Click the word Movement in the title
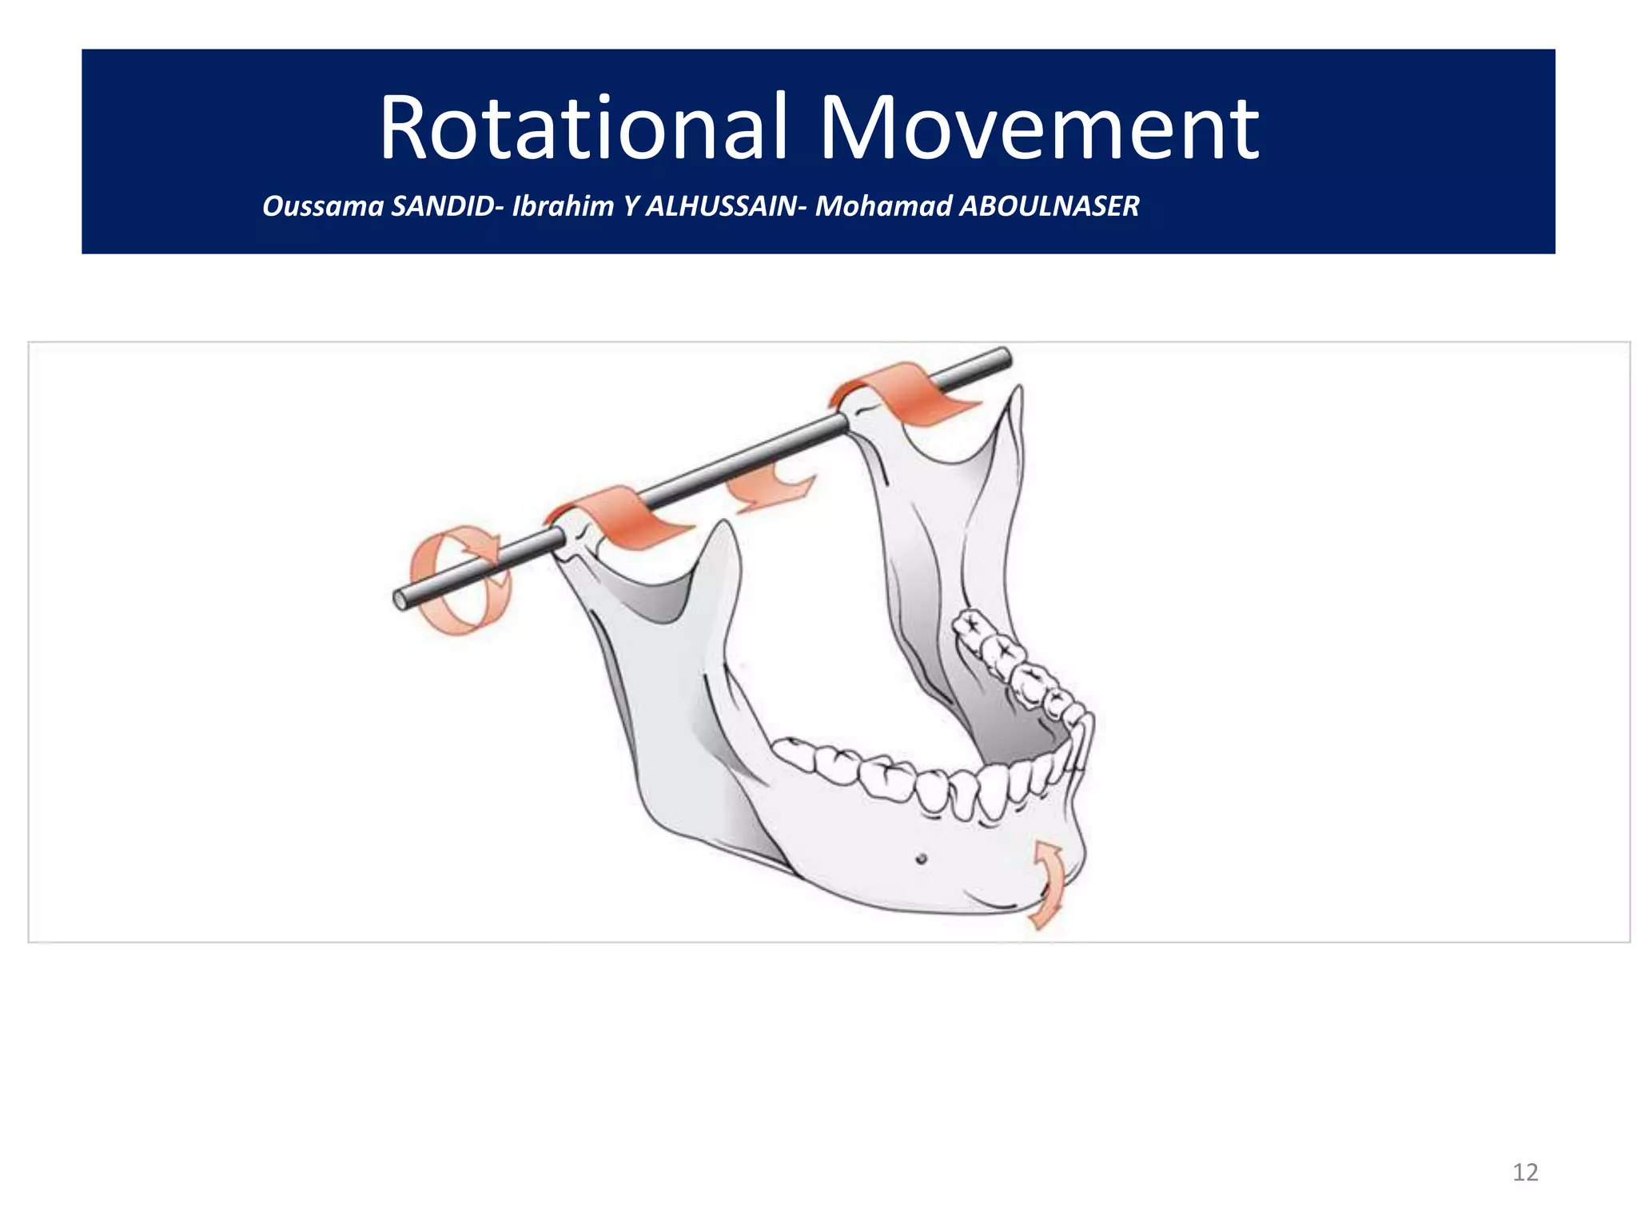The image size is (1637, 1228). [x=1039, y=128]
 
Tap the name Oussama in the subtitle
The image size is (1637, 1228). [x=323, y=206]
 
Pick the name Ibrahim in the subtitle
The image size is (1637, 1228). [x=563, y=206]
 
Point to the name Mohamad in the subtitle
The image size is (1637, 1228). [x=883, y=206]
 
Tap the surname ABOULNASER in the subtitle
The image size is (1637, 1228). [x=1050, y=206]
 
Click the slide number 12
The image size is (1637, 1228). [x=1525, y=1172]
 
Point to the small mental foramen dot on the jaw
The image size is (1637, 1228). [x=921, y=859]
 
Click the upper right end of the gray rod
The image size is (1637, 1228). [x=1003, y=355]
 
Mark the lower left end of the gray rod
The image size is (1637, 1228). [x=400, y=600]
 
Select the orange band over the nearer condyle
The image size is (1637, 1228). [x=623, y=516]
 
